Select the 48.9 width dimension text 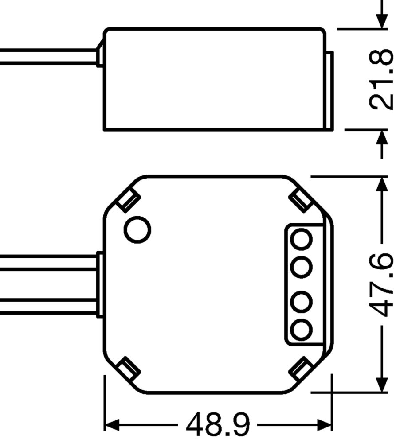218,425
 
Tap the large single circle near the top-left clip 137,229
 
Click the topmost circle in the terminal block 302,240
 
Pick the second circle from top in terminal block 302,267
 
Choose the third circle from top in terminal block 302,301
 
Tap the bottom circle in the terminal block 302,330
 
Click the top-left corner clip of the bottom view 129,200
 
